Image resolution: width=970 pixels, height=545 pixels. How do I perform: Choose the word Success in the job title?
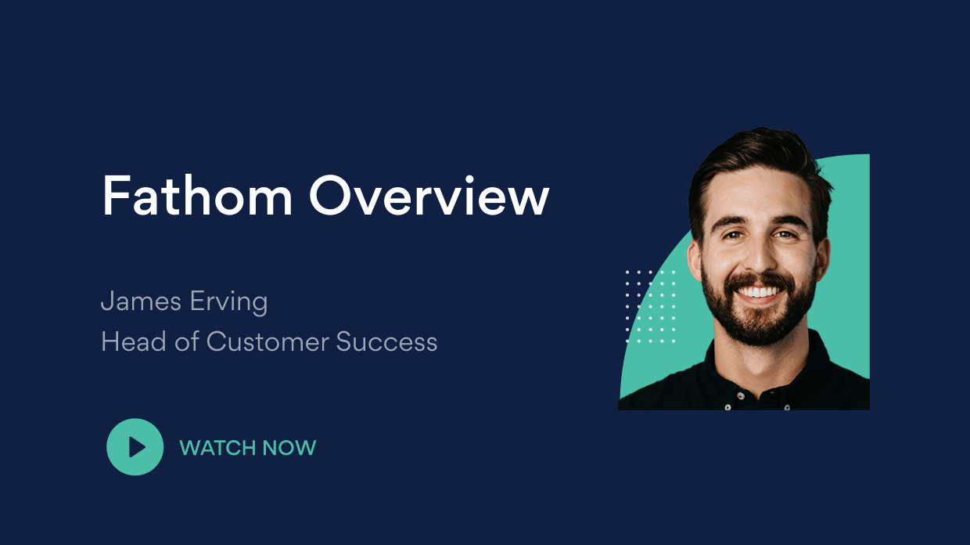coord(386,341)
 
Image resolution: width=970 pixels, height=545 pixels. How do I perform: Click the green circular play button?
coord(135,447)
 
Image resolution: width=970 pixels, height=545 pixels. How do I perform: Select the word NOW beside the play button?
coord(289,448)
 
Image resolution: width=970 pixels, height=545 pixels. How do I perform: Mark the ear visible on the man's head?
coord(692,258)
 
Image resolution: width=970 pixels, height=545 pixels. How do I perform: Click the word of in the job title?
coord(187,341)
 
